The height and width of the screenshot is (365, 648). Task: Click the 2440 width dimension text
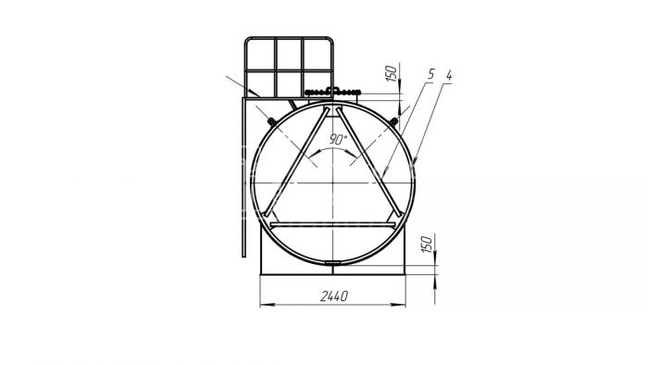pos(334,296)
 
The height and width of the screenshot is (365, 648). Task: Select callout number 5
pos(430,74)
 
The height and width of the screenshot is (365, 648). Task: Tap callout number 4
pos(449,75)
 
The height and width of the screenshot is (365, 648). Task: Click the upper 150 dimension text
pos(391,73)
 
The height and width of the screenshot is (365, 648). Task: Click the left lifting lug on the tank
pos(271,121)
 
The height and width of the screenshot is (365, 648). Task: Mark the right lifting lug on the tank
pos(393,121)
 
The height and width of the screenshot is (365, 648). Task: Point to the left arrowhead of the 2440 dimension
pos(267,305)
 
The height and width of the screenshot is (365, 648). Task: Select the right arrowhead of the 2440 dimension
pos(398,305)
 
